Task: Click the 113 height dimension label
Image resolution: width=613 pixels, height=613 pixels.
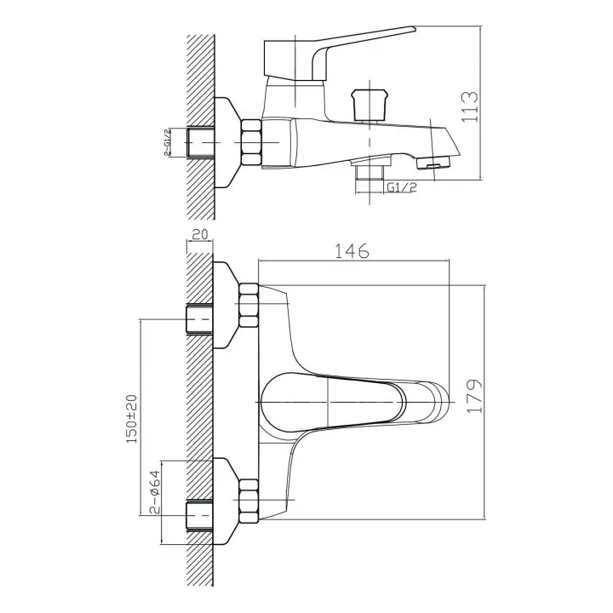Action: coord(470,106)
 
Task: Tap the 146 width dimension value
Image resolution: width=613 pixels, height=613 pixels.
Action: coord(352,251)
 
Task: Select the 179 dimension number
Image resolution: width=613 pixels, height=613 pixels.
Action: coord(474,396)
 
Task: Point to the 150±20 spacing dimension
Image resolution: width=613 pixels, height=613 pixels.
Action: coord(132,419)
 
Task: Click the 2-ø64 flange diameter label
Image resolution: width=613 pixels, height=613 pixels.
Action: coord(155,492)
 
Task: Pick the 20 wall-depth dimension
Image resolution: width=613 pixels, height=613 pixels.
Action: coord(200,235)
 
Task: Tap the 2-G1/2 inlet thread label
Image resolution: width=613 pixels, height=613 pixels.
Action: coord(168,142)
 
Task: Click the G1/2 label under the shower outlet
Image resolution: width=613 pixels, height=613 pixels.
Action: coord(402,187)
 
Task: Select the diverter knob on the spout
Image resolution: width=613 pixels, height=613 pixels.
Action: coord(370,106)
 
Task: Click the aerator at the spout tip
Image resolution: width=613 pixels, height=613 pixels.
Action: coord(433,163)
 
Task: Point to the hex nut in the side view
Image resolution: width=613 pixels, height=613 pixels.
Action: coord(251,142)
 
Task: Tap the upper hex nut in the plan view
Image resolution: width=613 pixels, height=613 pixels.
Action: coord(249,306)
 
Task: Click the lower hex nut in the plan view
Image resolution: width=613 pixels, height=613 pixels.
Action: coord(249,501)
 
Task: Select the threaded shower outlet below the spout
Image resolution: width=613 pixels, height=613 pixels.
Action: coord(370,172)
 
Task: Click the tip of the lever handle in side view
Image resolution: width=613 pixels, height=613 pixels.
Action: coord(414,28)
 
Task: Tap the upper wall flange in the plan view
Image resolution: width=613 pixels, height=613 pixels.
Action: coord(226,305)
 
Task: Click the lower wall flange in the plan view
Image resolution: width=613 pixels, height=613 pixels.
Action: coord(226,501)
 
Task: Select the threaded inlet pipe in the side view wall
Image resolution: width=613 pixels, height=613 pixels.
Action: coord(199,142)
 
